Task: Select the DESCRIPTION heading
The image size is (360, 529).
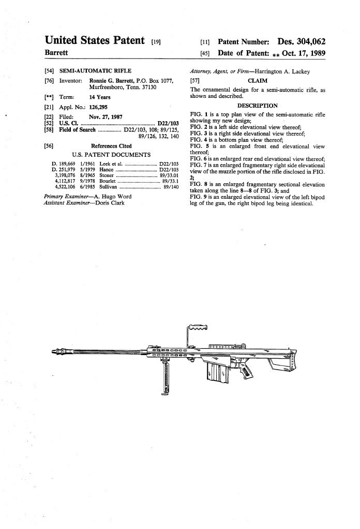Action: [x=257, y=106]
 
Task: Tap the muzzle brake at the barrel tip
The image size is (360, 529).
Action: [x=61, y=352]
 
